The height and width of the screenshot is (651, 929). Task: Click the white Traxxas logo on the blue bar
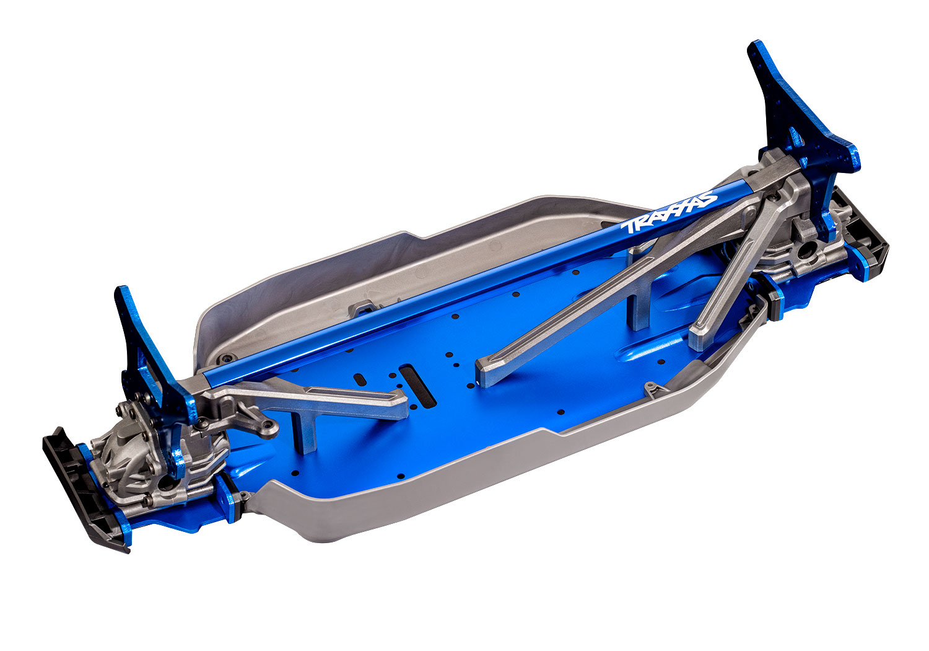pyautogui.click(x=669, y=215)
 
